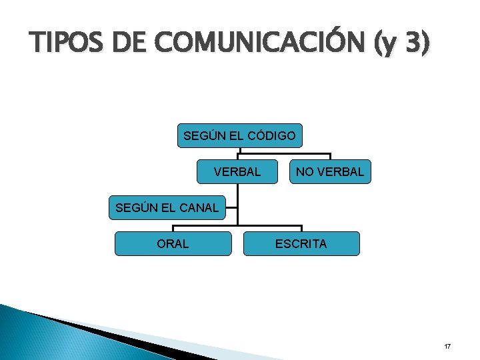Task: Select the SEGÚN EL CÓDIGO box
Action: (239, 136)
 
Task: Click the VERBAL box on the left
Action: (237, 171)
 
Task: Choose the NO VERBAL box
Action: (330, 171)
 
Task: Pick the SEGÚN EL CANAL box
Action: (167, 207)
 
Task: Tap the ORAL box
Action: (173, 243)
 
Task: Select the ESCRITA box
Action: (301, 243)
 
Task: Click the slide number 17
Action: (447, 347)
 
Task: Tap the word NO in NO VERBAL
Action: (305, 171)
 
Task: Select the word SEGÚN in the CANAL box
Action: (136, 207)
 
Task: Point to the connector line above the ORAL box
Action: (173, 228)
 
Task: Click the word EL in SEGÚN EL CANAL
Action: (167, 207)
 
